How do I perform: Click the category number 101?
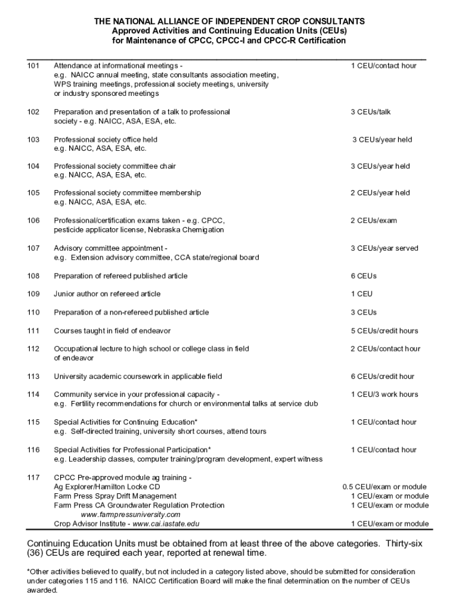tap(33, 66)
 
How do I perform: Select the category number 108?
tap(33, 276)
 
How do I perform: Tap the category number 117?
tap(33, 478)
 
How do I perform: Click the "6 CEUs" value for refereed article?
tap(364, 276)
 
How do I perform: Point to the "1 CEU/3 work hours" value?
tap(384, 394)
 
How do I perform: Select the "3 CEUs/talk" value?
tap(371, 112)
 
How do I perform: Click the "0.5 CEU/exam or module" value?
tap(385, 487)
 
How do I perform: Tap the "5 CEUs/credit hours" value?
tap(384, 331)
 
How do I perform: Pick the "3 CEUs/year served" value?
tap(384, 248)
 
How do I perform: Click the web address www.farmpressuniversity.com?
tap(130, 515)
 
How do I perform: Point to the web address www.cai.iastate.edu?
tap(166, 524)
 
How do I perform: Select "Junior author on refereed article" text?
tap(107, 294)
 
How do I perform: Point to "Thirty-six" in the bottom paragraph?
tap(407, 543)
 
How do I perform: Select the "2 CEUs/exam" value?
tap(374, 221)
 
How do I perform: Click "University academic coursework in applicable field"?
tap(138, 376)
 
